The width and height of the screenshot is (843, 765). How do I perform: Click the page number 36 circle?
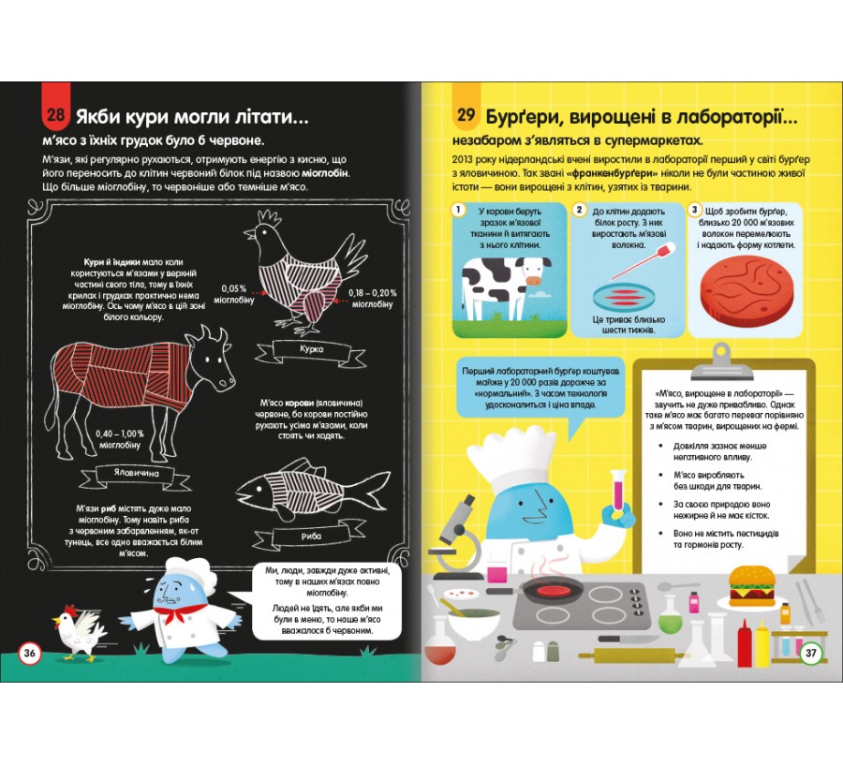[x=30, y=653]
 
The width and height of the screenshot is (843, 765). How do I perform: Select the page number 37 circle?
[x=811, y=654]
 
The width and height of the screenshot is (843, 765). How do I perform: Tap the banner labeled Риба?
[x=311, y=536]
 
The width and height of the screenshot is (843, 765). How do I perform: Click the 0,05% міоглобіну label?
[x=233, y=294]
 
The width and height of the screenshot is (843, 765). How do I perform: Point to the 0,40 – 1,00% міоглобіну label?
[x=119, y=439]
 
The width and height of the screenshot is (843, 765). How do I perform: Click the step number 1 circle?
[x=458, y=209]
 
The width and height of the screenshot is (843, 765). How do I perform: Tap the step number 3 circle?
[x=694, y=210]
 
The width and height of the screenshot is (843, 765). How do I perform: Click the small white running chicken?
[x=79, y=632]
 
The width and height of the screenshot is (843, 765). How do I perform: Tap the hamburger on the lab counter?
[x=751, y=585]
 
